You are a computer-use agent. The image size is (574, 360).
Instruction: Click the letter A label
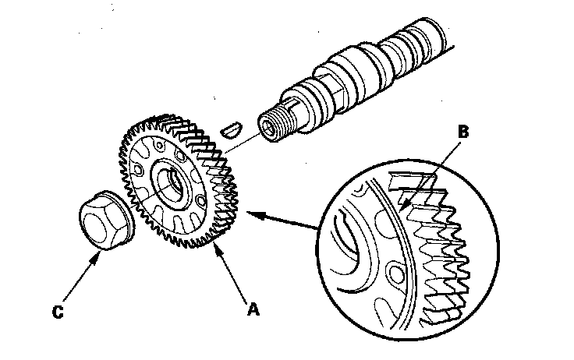tap(253, 309)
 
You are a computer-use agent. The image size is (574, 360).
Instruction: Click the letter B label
tap(463, 132)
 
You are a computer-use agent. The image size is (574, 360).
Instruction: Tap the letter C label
tap(58, 312)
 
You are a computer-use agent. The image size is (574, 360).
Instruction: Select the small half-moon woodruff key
tap(232, 130)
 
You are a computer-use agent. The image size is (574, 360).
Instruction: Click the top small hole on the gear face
tap(159, 145)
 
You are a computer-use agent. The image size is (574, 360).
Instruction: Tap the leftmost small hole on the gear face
tap(138, 169)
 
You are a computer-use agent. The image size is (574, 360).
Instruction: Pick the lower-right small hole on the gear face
tap(200, 200)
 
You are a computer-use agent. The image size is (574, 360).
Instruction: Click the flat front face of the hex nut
tap(95, 225)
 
